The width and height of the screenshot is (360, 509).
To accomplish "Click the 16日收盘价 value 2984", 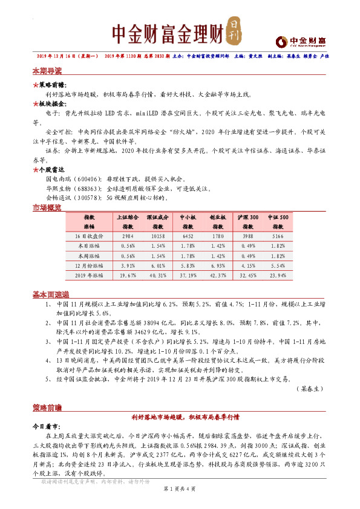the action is (x=128, y=236).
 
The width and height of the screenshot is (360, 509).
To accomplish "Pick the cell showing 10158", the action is (x=157, y=236).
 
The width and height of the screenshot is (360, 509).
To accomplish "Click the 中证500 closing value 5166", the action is (x=278, y=236).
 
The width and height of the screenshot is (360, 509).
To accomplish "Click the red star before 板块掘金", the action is (x=35, y=103).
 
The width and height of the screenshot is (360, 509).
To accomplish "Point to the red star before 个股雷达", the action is (x=35, y=170).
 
